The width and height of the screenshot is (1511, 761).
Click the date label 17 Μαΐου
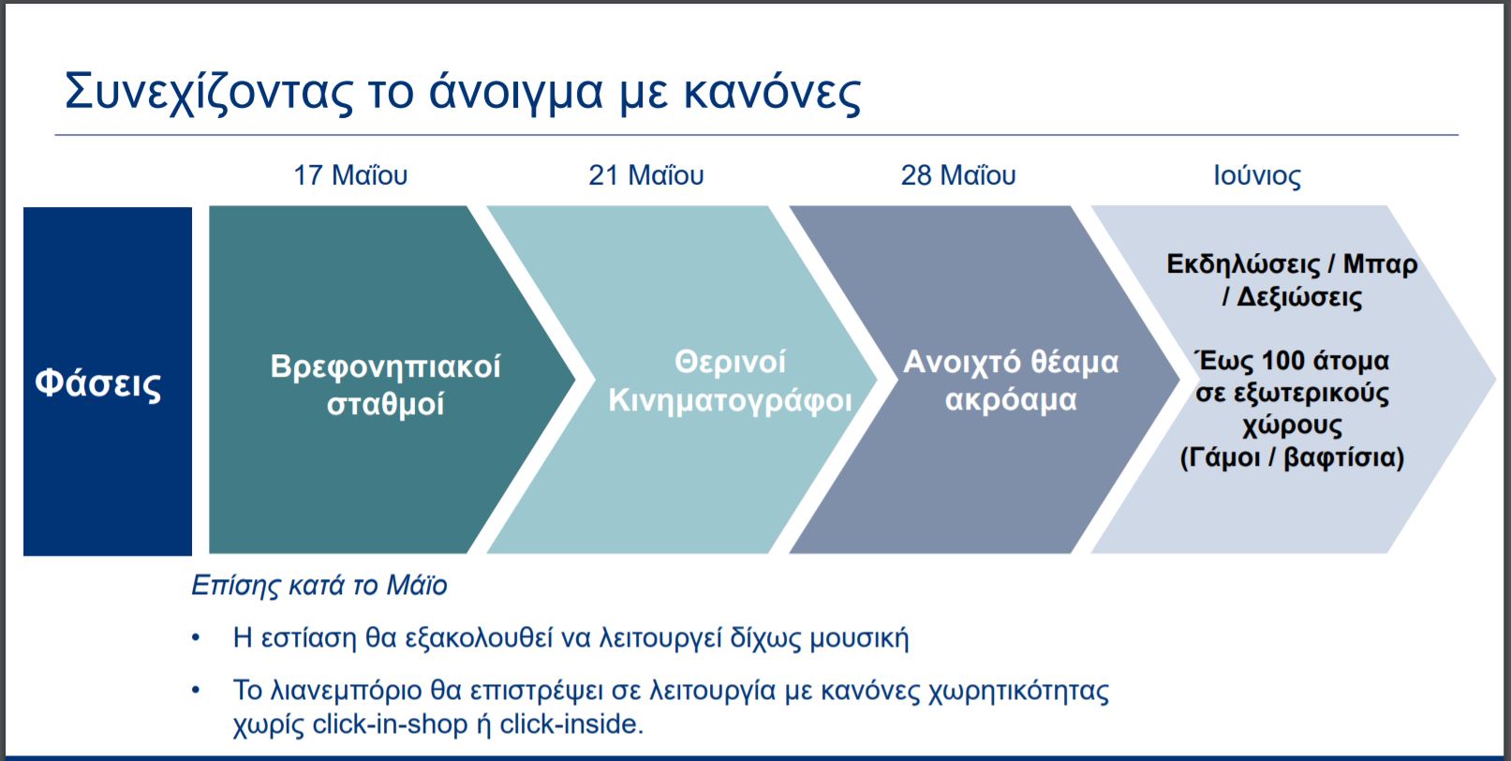click(x=350, y=175)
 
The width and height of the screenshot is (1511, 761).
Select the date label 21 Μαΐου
click(x=646, y=175)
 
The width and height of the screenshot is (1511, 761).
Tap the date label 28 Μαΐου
click(x=958, y=175)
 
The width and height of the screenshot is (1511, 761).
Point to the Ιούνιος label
click(x=1257, y=175)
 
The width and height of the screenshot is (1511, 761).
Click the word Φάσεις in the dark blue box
click(x=98, y=384)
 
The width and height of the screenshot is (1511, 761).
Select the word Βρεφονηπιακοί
click(x=385, y=367)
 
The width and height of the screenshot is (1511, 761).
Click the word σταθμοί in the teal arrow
click(x=385, y=405)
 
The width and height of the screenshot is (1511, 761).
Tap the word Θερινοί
click(x=730, y=363)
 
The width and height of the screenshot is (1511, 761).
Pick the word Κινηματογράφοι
click(x=730, y=401)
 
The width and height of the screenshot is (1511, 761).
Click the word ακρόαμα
click(x=1011, y=400)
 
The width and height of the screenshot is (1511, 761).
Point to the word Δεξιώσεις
click(x=1299, y=297)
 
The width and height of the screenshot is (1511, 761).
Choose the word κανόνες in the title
click(x=773, y=93)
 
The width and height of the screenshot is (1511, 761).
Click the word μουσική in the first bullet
click(x=859, y=637)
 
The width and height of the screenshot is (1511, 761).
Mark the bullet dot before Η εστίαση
click(x=196, y=637)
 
